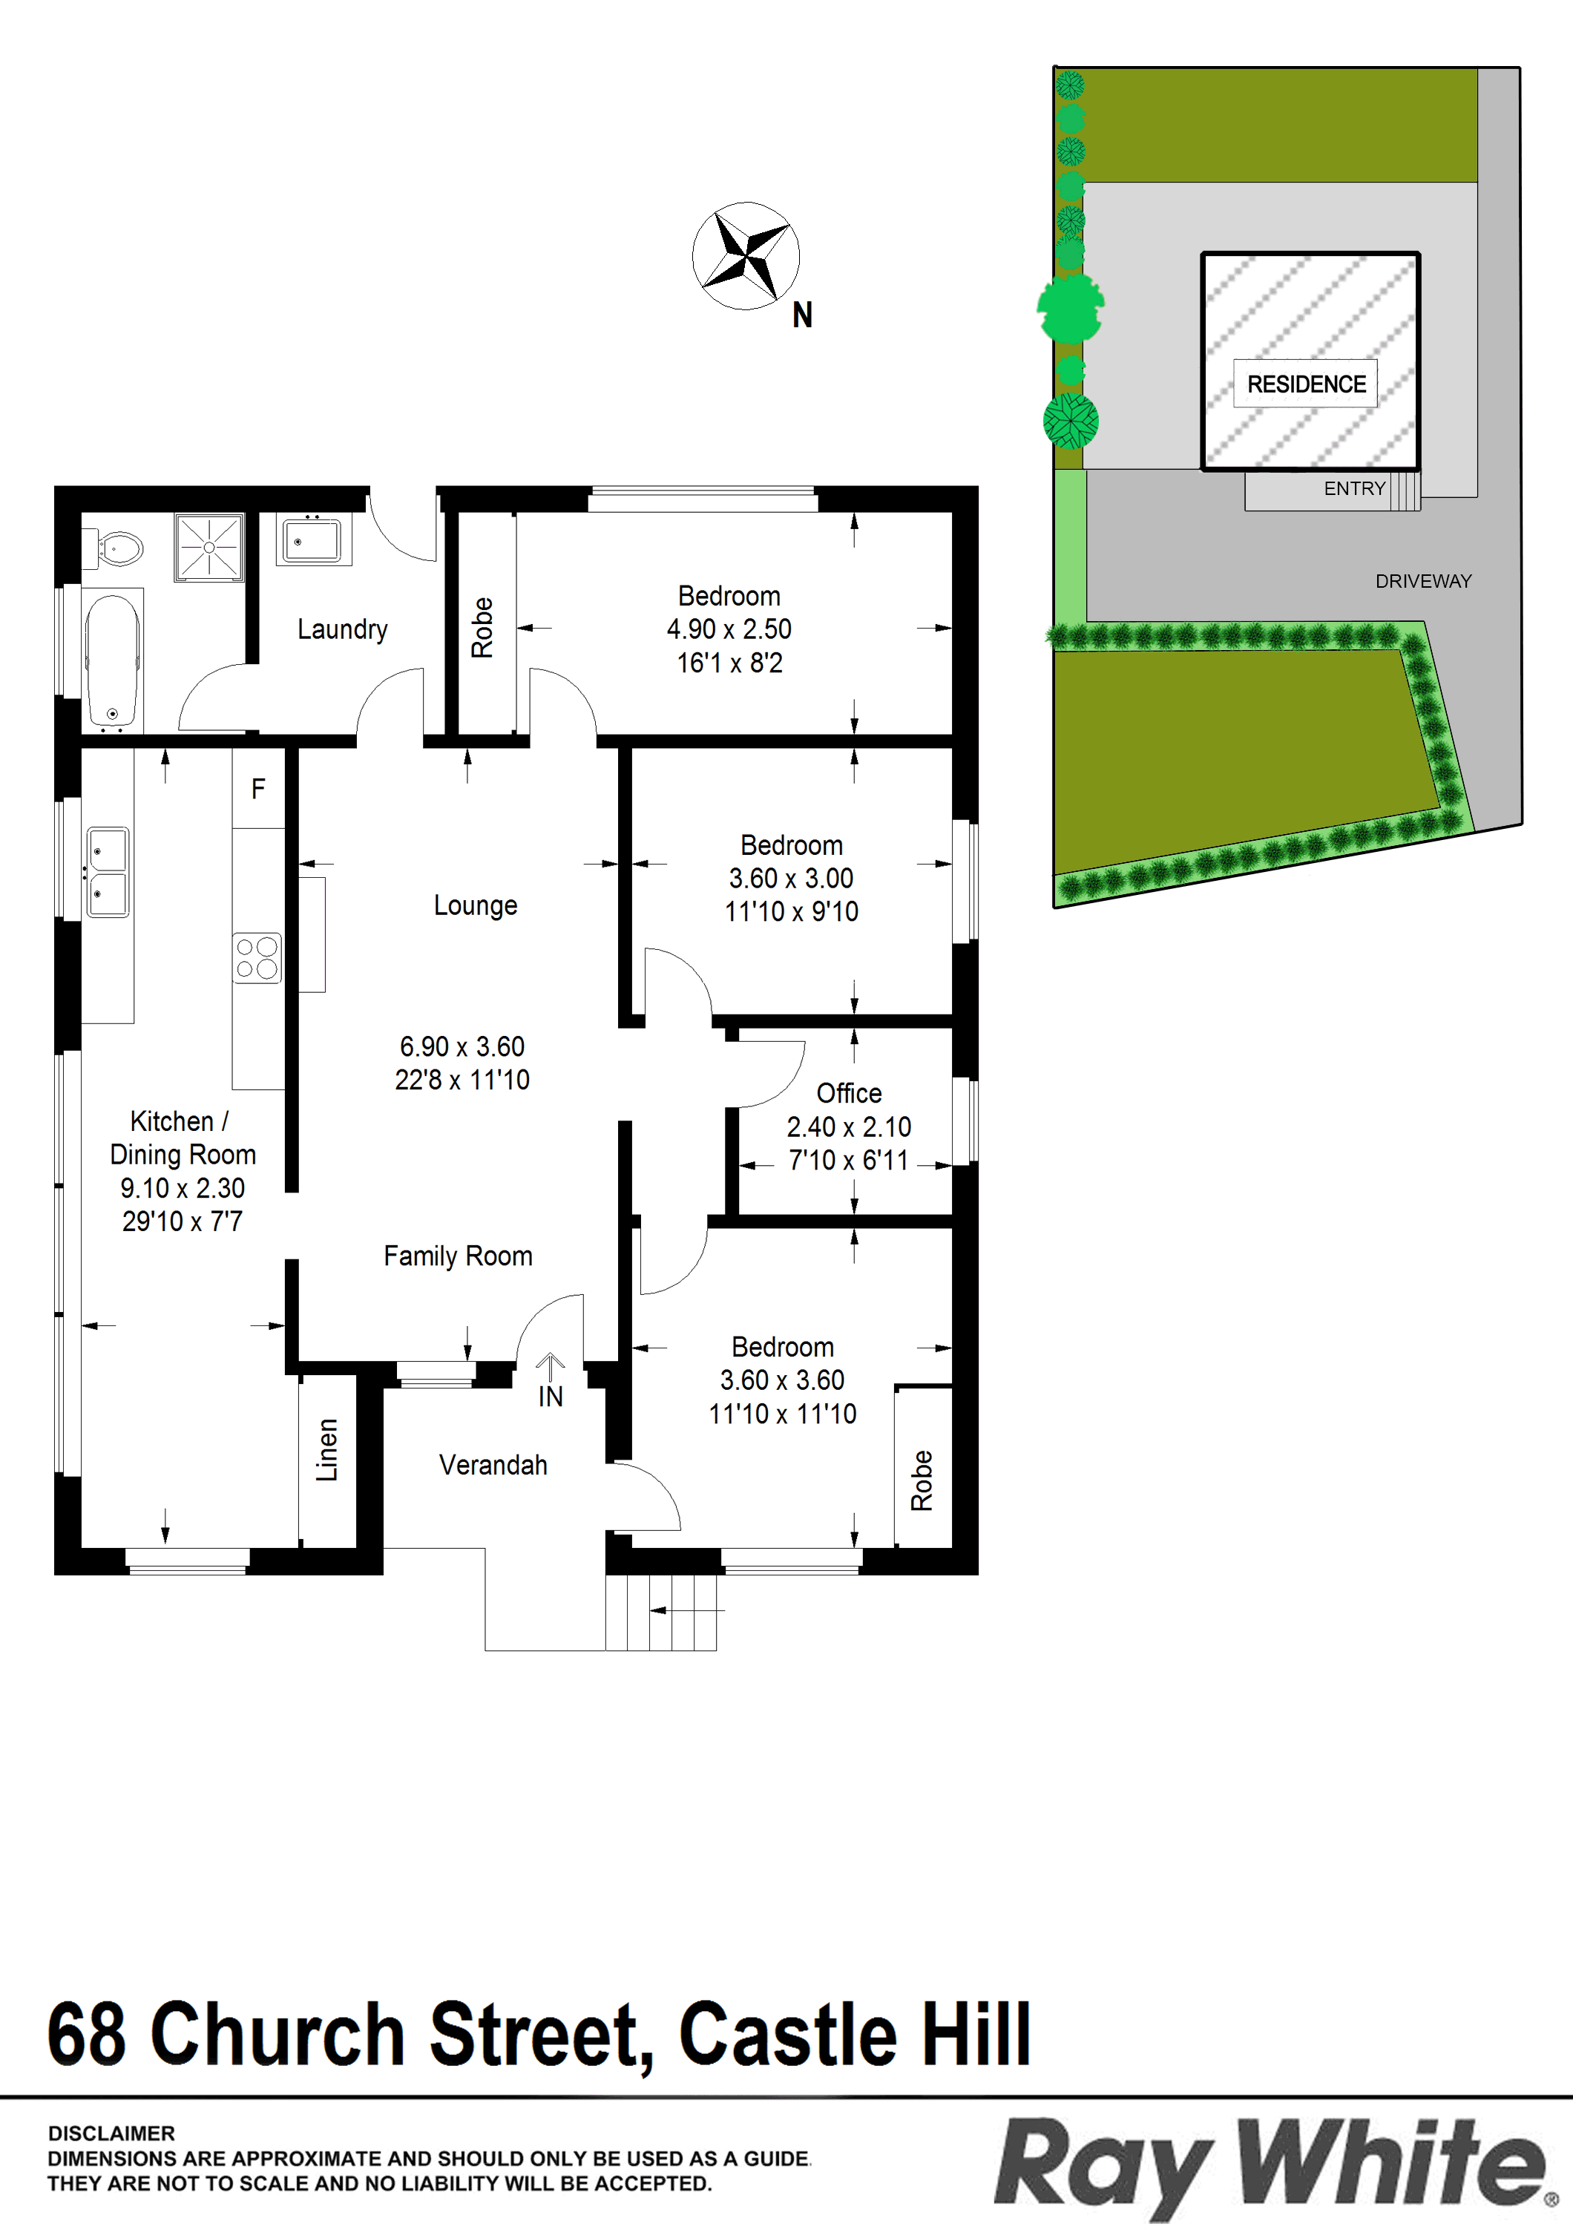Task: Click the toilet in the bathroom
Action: (114, 549)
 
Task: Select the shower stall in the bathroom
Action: (208, 547)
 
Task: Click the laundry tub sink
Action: (312, 539)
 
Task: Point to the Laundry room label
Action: (342, 629)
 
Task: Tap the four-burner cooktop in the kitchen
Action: (257, 957)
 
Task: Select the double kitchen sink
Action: (108, 871)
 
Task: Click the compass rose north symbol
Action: (746, 256)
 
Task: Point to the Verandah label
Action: (493, 1465)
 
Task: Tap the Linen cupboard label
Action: (328, 1450)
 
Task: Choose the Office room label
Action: (850, 1093)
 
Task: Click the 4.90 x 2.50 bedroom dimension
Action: (729, 629)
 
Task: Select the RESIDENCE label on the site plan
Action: (1307, 384)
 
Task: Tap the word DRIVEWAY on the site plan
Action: (1424, 581)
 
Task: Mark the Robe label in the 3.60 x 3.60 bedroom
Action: (922, 1481)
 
